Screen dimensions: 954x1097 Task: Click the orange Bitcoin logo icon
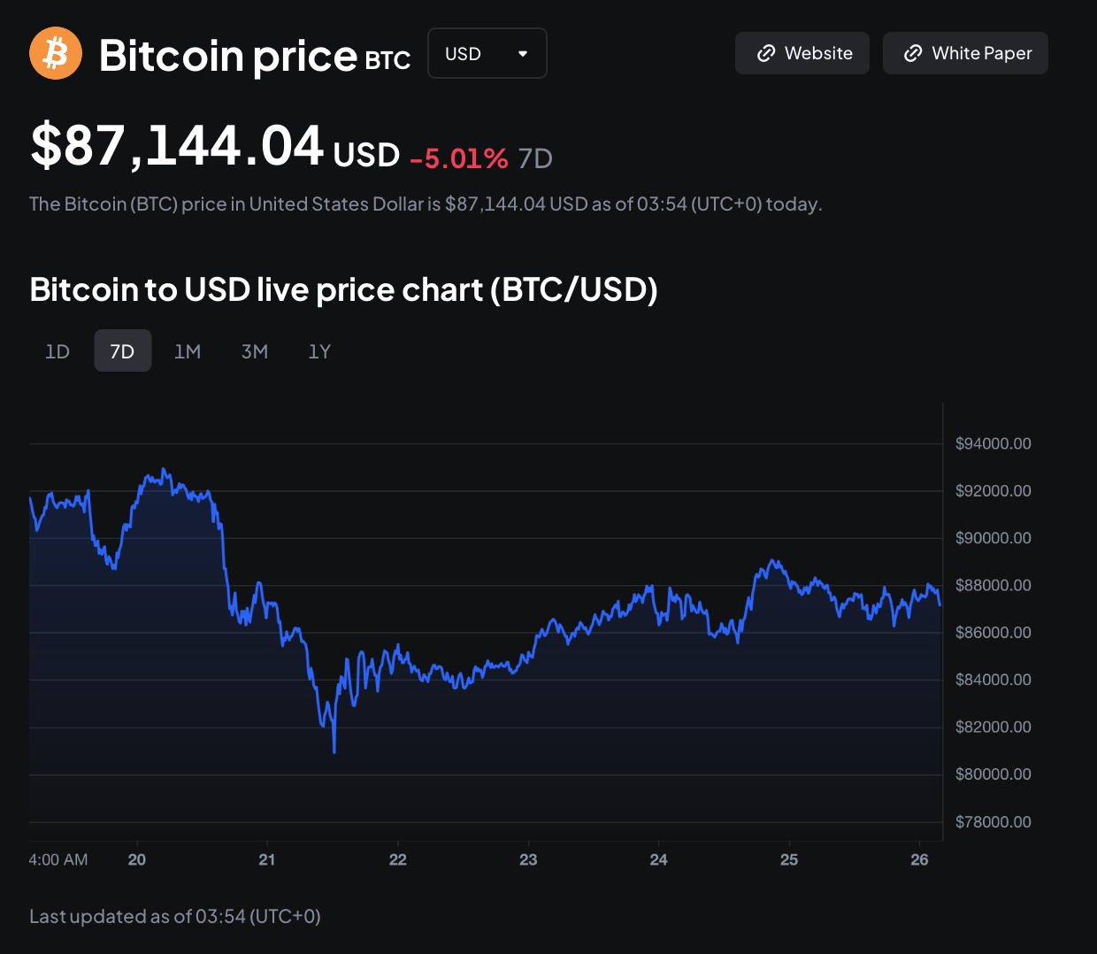[56, 53]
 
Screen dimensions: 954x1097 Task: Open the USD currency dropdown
[487, 53]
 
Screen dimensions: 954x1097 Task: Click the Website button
[802, 53]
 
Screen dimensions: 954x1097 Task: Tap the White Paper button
[965, 53]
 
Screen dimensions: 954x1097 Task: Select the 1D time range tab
[58, 351]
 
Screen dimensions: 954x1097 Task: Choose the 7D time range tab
[122, 351]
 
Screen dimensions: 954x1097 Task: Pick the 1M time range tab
[188, 351]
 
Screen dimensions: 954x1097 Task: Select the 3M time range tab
[255, 351]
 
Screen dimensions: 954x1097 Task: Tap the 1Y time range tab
[319, 351]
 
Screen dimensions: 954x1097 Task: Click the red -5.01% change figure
[459, 158]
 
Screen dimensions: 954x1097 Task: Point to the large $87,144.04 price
[177, 146]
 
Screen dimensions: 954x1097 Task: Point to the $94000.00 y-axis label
[993, 443]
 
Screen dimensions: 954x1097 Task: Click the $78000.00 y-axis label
[993, 822]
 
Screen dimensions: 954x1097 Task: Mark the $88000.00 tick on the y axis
[993, 585]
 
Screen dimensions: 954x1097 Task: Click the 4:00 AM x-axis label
[58, 859]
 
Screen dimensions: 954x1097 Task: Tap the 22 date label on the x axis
[398, 859]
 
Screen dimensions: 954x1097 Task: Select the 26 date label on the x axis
[919, 859]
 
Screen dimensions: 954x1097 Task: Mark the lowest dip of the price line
[334, 751]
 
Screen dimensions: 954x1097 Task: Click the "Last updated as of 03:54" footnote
[175, 916]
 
